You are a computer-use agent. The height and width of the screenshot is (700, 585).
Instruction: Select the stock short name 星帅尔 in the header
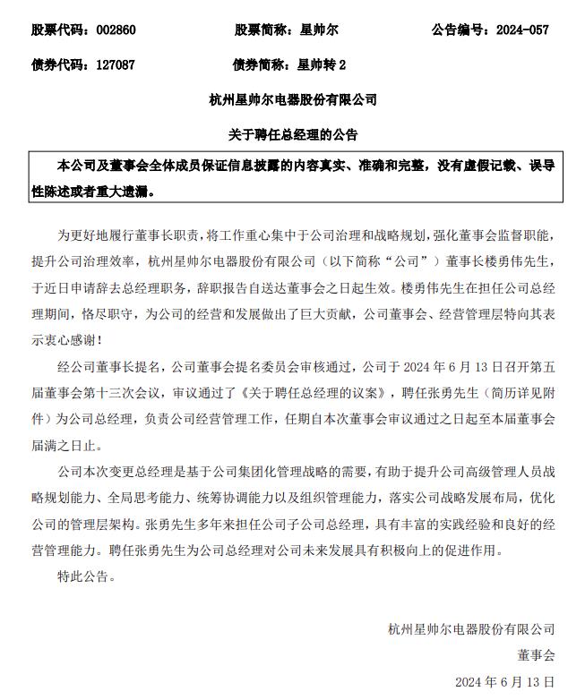tap(316, 30)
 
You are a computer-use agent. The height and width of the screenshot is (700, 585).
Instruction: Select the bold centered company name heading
tap(293, 99)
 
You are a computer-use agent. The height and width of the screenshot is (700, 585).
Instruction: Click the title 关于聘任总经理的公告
tap(293, 134)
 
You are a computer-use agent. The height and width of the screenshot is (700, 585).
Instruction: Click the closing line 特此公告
tap(87, 576)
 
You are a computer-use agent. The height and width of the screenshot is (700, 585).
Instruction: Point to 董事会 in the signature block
tap(536, 655)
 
